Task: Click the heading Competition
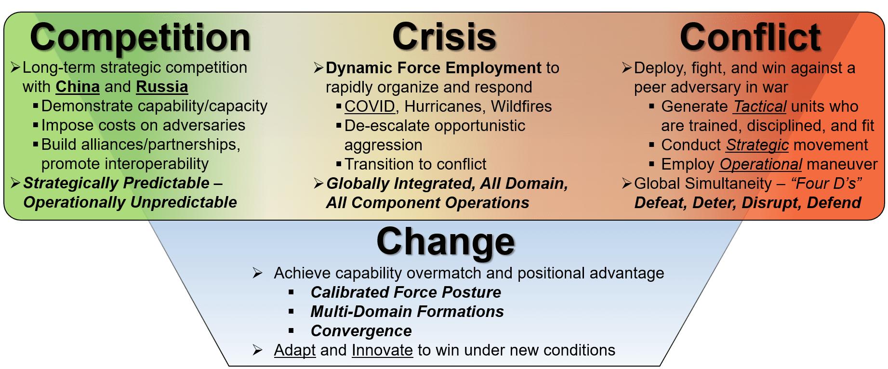click(x=140, y=38)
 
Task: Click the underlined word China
click(x=78, y=87)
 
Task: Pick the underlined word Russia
click(x=162, y=87)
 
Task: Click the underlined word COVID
click(x=370, y=106)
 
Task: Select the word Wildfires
click(x=521, y=106)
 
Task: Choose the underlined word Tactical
click(x=760, y=106)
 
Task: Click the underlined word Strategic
click(x=757, y=145)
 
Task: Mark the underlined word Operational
click(x=761, y=164)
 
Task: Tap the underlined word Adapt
click(x=295, y=350)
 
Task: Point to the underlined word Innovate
click(x=382, y=350)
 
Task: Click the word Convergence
click(x=361, y=331)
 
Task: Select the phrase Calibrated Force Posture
click(x=406, y=292)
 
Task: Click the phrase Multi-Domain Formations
click(x=407, y=312)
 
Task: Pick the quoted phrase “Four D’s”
click(x=826, y=184)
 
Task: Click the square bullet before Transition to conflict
click(x=339, y=164)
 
